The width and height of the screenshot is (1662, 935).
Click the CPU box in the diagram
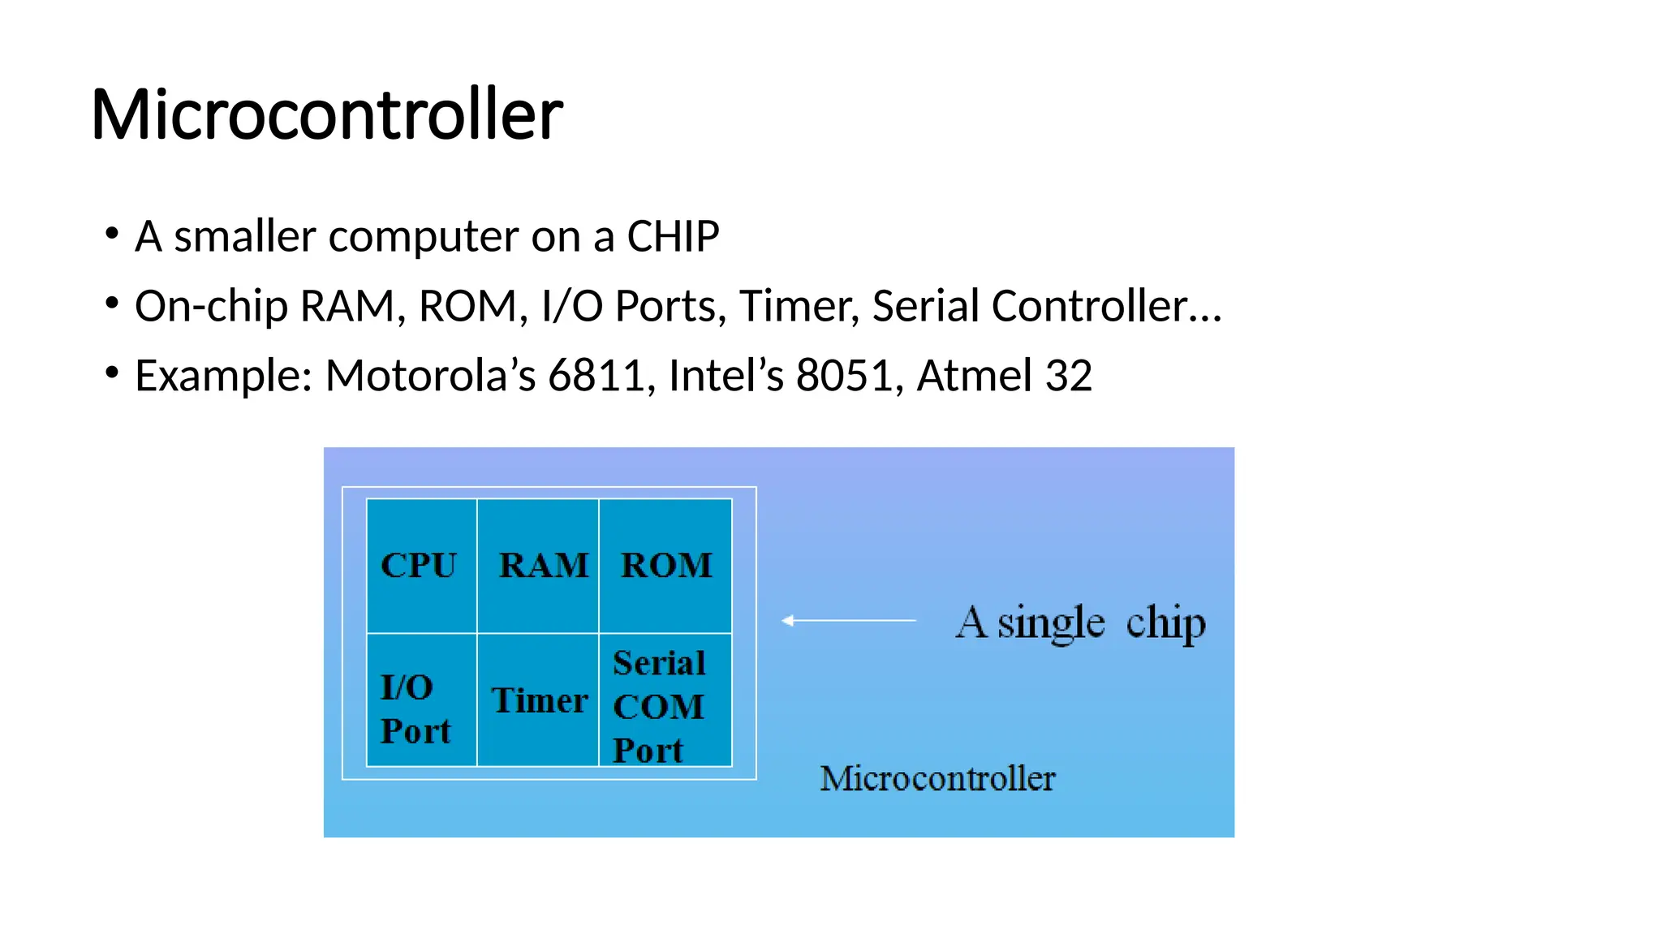pos(420,566)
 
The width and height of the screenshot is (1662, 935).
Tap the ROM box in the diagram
pos(665,566)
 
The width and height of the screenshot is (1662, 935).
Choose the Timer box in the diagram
pos(539,700)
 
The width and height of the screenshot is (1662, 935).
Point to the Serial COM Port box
pos(662,706)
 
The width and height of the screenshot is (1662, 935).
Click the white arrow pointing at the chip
pos(849,620)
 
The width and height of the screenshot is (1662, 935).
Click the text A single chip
pos(1080,623)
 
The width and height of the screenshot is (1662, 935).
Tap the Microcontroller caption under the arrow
pos(937,778)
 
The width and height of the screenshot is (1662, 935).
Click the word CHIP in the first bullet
pos(673,237)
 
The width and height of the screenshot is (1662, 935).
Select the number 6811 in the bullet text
pos(598,376)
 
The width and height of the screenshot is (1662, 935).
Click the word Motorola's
pos(430,376)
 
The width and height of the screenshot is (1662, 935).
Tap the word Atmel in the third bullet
pos(974,376)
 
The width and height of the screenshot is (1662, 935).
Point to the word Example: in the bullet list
pos(224,376)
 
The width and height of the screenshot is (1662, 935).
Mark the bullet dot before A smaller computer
pos(112,235)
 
